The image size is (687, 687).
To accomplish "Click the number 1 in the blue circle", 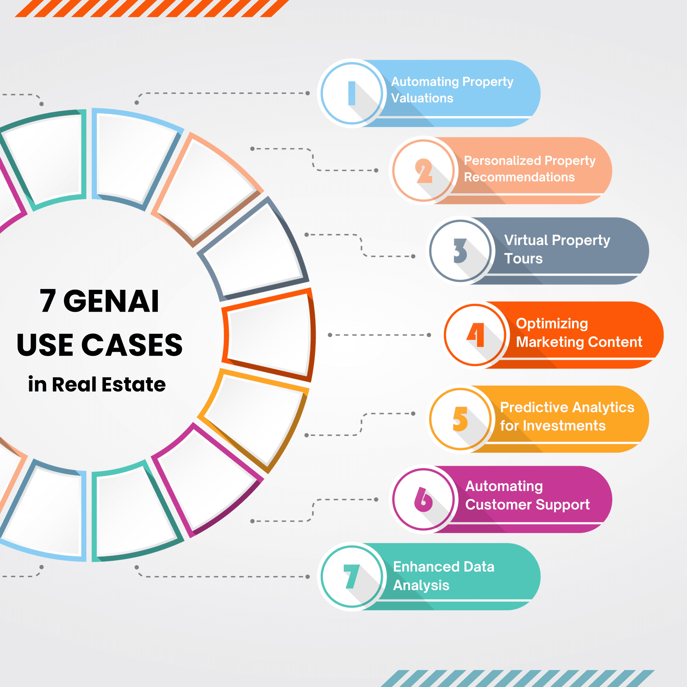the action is (x=352, y=93).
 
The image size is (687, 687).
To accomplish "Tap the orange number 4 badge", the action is (x=475, y=335).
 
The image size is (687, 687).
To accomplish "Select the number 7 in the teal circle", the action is (x=351, y=576).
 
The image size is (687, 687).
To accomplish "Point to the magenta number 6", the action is (x=423, y=500).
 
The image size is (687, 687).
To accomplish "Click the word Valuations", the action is (x=422, y=98).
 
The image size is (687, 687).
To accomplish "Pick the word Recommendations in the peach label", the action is (x=519, y=177).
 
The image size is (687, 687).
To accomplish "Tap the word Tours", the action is (x=523, y=258).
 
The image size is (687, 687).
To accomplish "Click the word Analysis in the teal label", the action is (x=421, y=586).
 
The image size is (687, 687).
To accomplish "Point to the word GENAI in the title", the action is (x=111, y=301).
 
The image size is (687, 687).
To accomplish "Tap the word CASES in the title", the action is (x=132, y=345).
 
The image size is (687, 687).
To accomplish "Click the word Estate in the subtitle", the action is (x=133, y=385).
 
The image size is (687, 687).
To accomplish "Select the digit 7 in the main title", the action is (x=48, y=301).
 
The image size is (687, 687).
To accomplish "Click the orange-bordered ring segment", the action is (x=268, y=335).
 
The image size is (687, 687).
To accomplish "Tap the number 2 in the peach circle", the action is (x=424, y=171).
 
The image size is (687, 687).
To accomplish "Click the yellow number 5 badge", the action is (x=461, y=419).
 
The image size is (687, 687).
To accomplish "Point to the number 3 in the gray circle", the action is (x=460, y=251).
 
